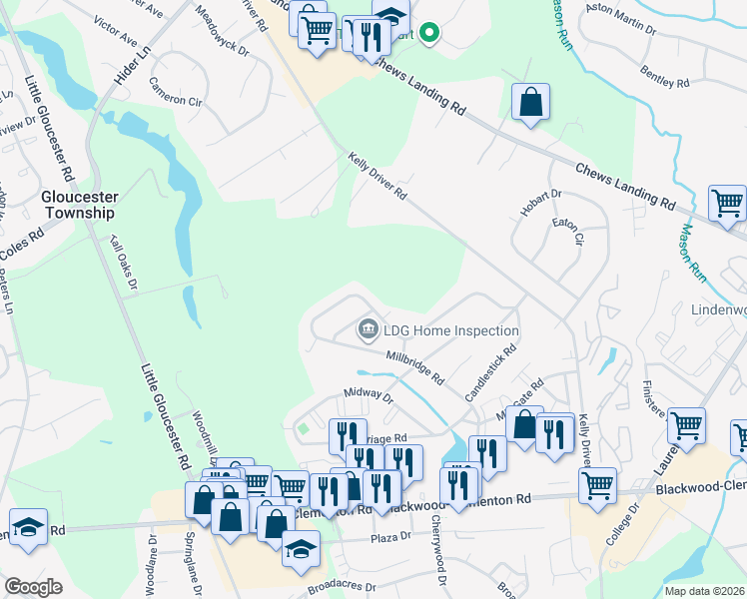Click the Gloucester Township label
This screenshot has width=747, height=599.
[78, 205]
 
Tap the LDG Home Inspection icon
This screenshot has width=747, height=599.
[368, 329]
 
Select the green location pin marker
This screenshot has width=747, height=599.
[429, 34]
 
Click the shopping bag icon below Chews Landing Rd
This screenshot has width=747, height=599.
[530, 102]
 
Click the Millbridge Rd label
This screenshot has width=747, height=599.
[414, 366]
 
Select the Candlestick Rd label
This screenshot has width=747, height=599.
[490, 373]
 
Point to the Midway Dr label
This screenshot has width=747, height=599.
[369, 396]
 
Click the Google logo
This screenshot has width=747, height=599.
[33, 586]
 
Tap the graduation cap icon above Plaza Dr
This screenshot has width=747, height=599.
[300, 548]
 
